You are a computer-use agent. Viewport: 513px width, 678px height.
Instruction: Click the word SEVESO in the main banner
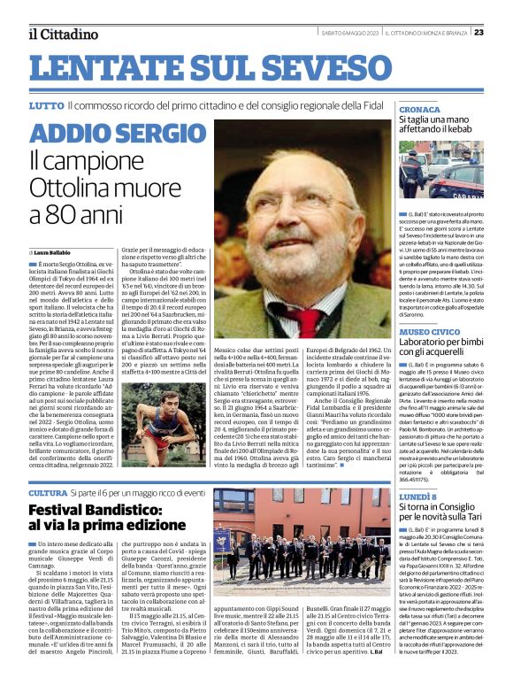[x=317, y=67]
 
